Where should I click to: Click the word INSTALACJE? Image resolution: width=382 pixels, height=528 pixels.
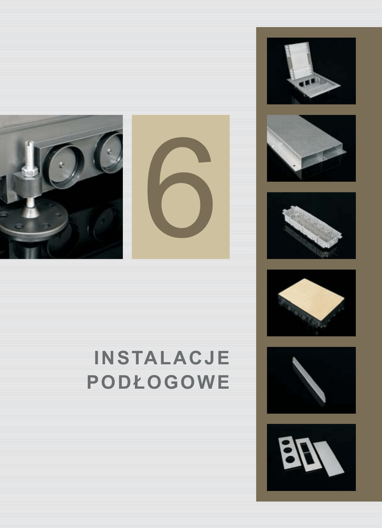click(162, 358)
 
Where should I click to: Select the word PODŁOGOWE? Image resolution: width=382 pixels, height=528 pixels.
click(158, 382)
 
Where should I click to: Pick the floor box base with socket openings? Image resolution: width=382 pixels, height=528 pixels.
click(313, 86)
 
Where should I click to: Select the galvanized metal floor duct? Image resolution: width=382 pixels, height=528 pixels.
click(305, 143)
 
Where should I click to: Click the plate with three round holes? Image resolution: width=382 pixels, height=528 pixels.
click(288, 453)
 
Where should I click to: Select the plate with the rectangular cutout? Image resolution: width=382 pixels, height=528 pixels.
click(308, 454)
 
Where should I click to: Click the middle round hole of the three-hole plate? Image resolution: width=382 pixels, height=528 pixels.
click(288, 450)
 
